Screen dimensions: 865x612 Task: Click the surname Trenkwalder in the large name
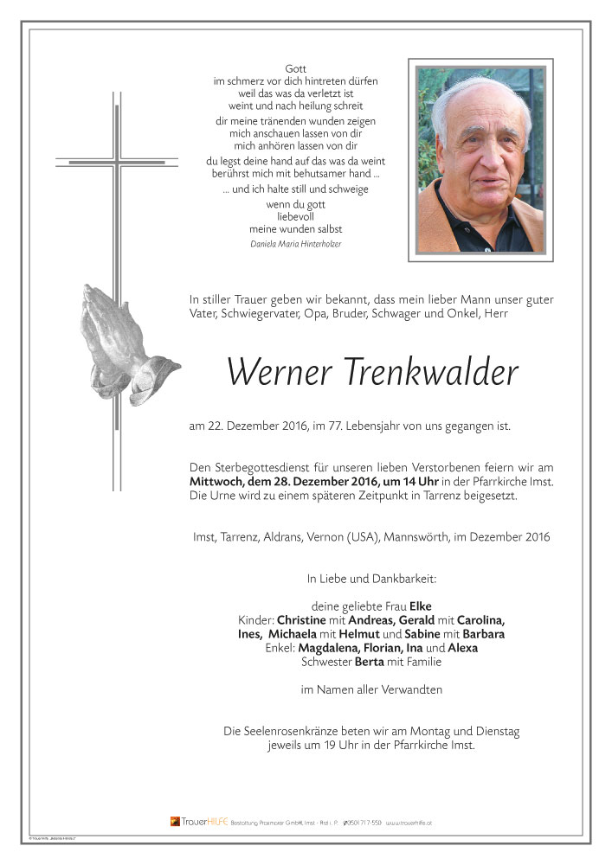[x=433, y=372]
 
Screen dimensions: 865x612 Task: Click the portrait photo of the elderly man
[x=480, y=159]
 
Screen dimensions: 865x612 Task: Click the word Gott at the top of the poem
[x=296, y=68]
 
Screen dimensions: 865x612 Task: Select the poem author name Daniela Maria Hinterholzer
[x=296, y=244]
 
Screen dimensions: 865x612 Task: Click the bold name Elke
[x=421, y=606]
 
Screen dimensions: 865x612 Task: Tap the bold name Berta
[x=370, y=662]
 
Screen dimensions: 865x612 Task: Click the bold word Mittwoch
[x=217, y=481]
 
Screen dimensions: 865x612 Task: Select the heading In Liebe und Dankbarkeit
[x=370, y=578]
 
